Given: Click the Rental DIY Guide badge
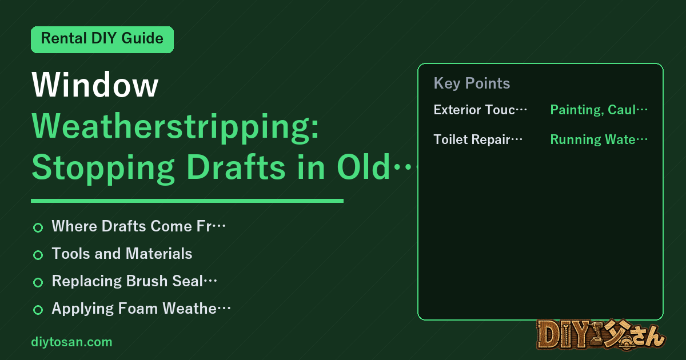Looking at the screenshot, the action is [x=102, y=39].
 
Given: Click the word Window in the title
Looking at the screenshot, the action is [x=95, y=85].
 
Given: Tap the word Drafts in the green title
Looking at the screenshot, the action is [x=236, y=167].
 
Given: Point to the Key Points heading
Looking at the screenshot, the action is [x=472, y=83].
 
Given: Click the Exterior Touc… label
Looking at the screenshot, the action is [x=480, y=110].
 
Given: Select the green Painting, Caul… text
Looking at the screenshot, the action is [x=599, y=110].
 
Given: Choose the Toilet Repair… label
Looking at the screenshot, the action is [x=478, y=139].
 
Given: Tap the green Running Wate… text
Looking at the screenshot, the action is [x=599, y=139].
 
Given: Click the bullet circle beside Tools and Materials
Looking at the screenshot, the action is [x=38, y=255].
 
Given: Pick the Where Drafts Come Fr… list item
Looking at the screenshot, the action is [x=139, y=226].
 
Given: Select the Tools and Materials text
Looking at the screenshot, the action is [x=122, y=254].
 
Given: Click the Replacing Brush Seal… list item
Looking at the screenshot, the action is [x=134, y=281].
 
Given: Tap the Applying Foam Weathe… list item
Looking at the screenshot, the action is [x=141, y=309].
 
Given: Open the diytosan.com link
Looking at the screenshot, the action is [x=71, y=342].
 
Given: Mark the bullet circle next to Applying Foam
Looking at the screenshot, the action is [x=38, y=310].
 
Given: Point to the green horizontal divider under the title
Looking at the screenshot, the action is [x=187, y=201].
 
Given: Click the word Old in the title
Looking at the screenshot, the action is [x=364, y=167].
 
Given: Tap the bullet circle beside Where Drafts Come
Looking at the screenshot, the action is [x=38, y=227].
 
